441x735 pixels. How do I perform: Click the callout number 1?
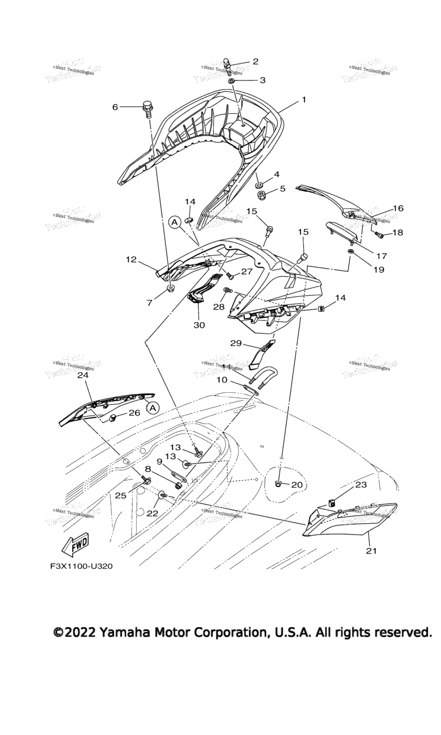pyautogui.click(x=304, y=100)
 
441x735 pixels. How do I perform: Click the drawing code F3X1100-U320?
pyautogui.click(x=81, y=566)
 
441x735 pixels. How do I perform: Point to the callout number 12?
pyautogui.click(x=131, y=260)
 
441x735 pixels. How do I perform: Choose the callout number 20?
pyautogui.click(x=296, y=485)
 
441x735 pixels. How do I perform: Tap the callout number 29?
pyautogui.click(x=235, y=343)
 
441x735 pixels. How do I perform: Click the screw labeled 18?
pyautogui.click(x=379, y=234)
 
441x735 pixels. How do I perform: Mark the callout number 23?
pyautogui.click(x=361, y=485)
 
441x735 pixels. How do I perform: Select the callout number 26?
pyautogui.click(x=134, y=412)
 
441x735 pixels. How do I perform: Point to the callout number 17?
pyautogui.click(x=382, y=256)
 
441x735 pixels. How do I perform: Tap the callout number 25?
pyautogui.click(x=120, y=494)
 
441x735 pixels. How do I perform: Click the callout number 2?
pyautogui.click(x=256, y=61)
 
